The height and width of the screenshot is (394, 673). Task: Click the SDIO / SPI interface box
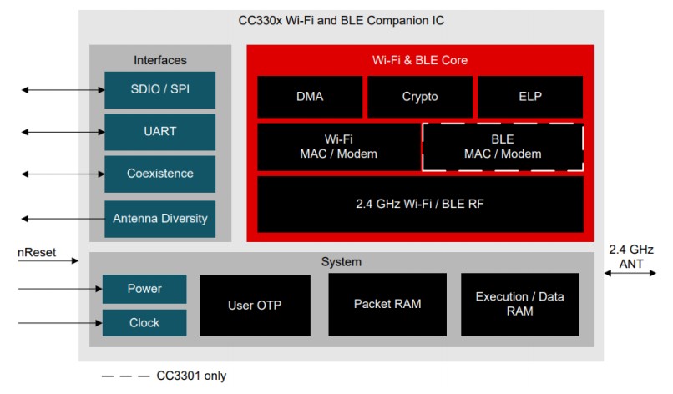pos(159,90)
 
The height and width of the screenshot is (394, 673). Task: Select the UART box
pos(159,132)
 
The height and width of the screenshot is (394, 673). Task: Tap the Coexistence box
pos(159,174)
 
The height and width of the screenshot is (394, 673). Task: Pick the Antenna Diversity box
pos(159,219)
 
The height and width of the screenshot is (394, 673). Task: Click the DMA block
pos(310,97)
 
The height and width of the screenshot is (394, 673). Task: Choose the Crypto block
pos(420,97)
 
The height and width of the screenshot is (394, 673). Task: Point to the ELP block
pos(530,97)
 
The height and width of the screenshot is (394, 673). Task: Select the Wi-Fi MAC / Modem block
pos(338,147)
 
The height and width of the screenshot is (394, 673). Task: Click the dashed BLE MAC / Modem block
pos(503,147)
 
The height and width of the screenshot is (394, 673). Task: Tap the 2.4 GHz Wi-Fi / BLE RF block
pos(420,204)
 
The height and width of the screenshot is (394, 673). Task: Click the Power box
pos(144,289)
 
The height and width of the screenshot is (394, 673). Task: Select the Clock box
pos(144,322)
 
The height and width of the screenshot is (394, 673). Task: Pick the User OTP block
pos(255,305)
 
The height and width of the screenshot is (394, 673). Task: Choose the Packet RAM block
pos(387,304)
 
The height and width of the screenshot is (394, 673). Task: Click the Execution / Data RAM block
pos(520,304)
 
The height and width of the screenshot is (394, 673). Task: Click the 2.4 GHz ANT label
pos(631,257)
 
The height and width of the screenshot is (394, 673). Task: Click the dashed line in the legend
pos(124,376)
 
